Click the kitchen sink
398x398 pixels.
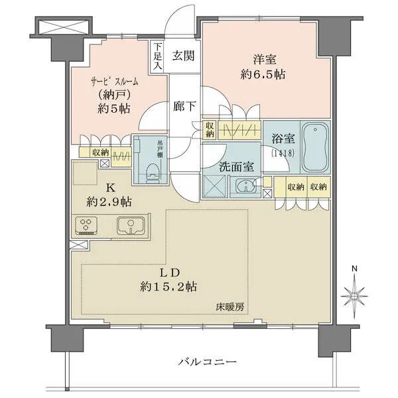[133, 226]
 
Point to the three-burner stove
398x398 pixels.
[89, 226]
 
